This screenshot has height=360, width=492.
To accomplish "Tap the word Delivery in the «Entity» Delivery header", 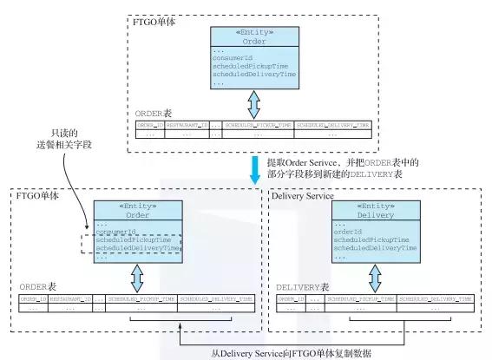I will pos(376,214).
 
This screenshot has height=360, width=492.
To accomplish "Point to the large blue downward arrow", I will pos(255,168).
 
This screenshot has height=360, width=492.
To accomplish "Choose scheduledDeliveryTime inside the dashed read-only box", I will pos(138,248).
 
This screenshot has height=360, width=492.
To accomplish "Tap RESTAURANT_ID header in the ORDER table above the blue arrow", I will pos(187,127).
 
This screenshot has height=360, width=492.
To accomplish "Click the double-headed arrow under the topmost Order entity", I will pos(253,104).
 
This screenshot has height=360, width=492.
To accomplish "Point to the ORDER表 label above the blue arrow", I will pos(154,114).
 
